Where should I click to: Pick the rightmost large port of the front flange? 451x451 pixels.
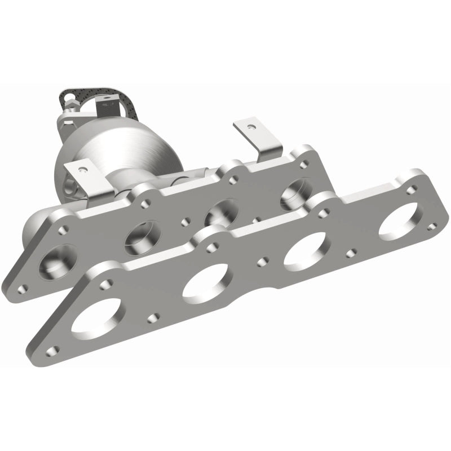tap(401, 218)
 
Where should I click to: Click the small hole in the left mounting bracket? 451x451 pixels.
tap(82, 168)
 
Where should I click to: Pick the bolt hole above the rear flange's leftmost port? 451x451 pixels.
tap(64, 229)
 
